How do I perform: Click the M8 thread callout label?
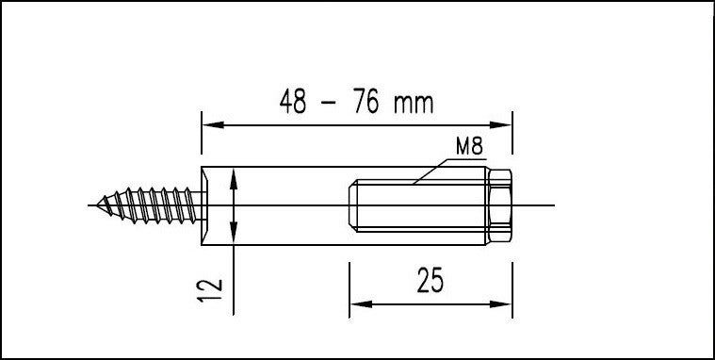pyautogui.click(x=469, y=146)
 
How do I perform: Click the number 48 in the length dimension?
pyautogui.click(x=293, y=102)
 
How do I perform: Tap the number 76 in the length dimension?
pyautogui.click(x=366, y=102)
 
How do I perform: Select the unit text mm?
pyautogui.click(x=414, y=105)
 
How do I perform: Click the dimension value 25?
pyautogui.click(x=430, y=280)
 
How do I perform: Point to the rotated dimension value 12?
pyautogui.click(x=209, y=290)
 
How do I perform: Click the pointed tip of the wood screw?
pyautogui.click(x=97, y=205)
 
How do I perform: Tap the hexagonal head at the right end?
pyautogui.click(x=499, y=205)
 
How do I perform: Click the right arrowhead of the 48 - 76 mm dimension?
pyautogui.click(x=500, y=125)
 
